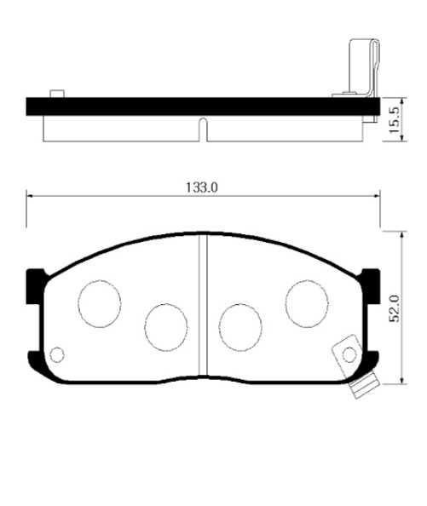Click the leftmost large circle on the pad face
pos(99,302)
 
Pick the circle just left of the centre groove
pos(165,325)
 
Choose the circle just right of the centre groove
pos(241,325)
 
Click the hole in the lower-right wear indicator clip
pos(349,354)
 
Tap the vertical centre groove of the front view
pos(204,307)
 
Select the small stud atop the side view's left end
pos(57,93)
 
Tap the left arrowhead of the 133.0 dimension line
pos(32,196)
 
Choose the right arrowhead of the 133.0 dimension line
pos(377,196)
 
